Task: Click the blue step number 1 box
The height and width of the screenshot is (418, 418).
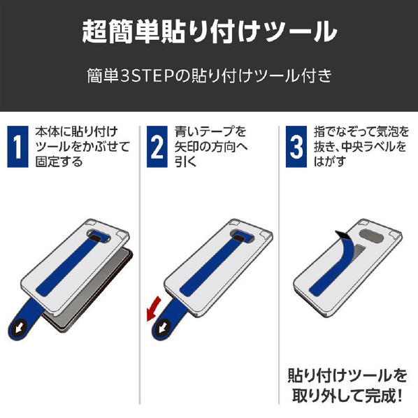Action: (17, 147)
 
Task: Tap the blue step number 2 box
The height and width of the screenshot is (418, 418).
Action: (157, 147)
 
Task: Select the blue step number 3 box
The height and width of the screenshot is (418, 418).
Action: (296, 147)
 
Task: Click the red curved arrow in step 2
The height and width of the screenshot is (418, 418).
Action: (152, 309)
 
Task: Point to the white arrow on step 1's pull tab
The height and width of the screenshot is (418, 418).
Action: (19, 328)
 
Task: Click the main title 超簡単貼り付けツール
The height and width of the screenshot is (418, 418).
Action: (210, 32)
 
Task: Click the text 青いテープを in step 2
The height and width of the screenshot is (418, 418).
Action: (210, 131)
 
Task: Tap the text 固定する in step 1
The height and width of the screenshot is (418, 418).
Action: (59, 161)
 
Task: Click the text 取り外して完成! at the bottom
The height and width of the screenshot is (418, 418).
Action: (347, 396)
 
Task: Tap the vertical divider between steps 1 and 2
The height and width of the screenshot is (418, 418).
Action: (140, 265)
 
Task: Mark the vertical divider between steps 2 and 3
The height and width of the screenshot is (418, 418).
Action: (279, 265)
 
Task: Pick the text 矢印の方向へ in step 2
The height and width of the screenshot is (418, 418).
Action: (211, 147)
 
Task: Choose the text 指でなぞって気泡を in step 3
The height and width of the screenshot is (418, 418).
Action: (361, 131)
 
